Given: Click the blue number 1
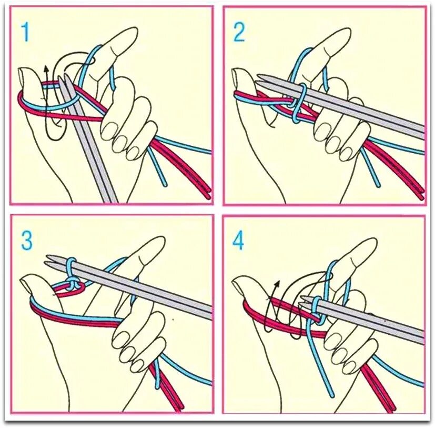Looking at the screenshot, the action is tap(26, 33).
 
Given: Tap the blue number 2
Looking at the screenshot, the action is tap(239, 32).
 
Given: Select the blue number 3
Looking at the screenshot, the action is tap(27, 240).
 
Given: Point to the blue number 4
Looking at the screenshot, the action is tap(238, 241).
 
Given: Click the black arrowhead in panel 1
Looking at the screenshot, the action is tap(47, 69).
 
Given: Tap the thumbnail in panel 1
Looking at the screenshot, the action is tap(23, 76).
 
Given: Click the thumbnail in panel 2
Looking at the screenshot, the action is tap(237, 75).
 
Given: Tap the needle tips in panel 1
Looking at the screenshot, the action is tap(63, 77).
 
